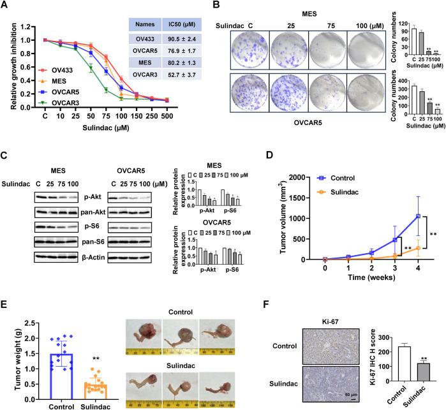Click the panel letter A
[x=6, y=7]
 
